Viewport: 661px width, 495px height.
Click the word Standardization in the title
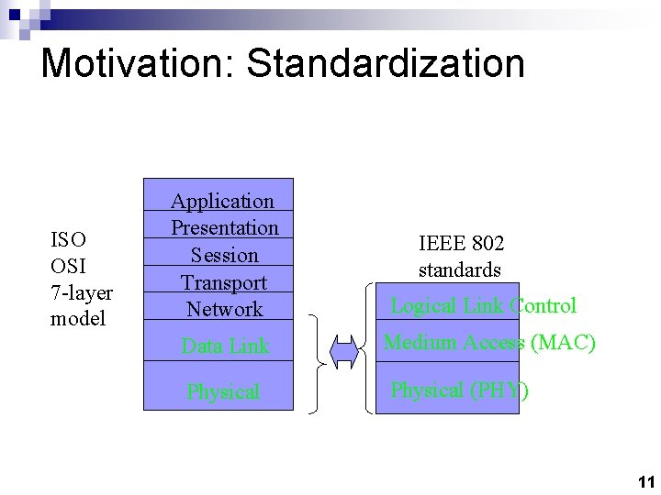387,64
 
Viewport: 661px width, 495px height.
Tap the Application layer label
223,201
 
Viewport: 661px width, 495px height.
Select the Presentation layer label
225,227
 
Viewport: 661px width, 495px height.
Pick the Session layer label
225,255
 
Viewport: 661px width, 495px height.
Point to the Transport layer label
224,282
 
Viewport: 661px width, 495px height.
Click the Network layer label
225,309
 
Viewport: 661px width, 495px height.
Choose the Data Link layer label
225,346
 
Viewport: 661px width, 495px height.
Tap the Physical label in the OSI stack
223,391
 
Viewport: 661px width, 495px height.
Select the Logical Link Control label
483,306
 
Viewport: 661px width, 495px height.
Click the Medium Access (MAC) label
489,343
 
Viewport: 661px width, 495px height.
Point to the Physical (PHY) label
459,390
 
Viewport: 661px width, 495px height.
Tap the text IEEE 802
461,244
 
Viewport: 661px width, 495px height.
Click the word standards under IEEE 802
460,270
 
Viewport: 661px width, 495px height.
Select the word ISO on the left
68,240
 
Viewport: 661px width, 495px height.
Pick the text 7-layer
82,293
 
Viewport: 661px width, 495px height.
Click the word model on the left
78,319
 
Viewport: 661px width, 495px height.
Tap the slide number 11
644,481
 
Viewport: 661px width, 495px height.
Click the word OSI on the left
68,267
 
